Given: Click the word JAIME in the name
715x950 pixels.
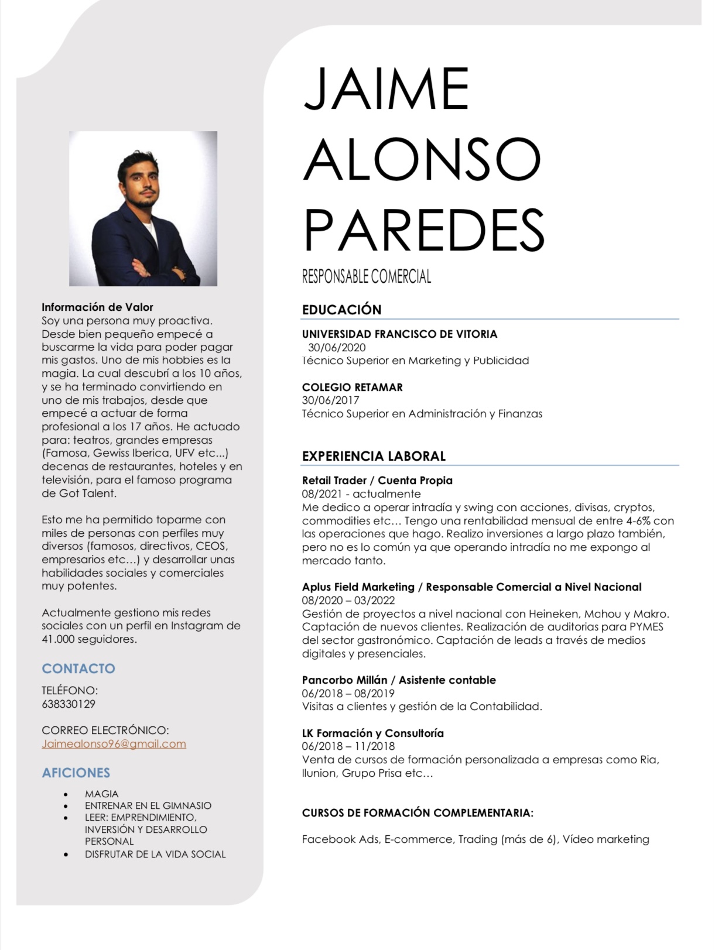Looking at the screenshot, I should (x=386, y=89).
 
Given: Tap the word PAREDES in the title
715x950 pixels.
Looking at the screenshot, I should (x=424, y=229).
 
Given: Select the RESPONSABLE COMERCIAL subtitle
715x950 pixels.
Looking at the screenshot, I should (x=367, y=276).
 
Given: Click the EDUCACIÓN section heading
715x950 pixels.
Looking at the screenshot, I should (x=341, y=310).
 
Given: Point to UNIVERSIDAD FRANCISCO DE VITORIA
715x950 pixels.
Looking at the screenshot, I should (x=399, y=334).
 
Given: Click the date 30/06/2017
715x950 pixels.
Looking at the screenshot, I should (x=330, y=400).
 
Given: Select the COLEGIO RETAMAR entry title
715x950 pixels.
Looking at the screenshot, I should (x=352, y=387).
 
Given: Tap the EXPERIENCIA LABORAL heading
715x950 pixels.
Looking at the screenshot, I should (x=374, y=456).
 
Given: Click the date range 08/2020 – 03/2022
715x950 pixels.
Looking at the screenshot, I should (x=348, y=600).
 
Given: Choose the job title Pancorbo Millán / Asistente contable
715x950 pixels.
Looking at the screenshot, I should (x=399, y=680).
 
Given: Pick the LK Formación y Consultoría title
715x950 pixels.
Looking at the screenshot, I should (x=372, y=733).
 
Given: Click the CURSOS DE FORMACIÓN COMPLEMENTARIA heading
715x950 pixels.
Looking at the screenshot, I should (x=418, y=812).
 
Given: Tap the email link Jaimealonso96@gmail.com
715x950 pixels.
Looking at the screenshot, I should (x=114, y=744).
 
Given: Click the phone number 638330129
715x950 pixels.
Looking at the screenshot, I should (x=69, y=704).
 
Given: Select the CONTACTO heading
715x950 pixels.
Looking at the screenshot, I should (x=78, y=668).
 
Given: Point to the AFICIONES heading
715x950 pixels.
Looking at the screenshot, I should (x=76, y=773).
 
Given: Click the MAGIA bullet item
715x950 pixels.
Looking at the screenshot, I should (x=101, y=794).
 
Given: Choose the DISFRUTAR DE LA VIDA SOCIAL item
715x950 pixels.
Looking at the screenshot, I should (x=155, y=854).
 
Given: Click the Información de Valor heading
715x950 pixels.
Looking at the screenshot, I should (x=97, y=307).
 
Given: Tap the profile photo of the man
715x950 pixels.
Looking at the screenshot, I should (x=143, y=208).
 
